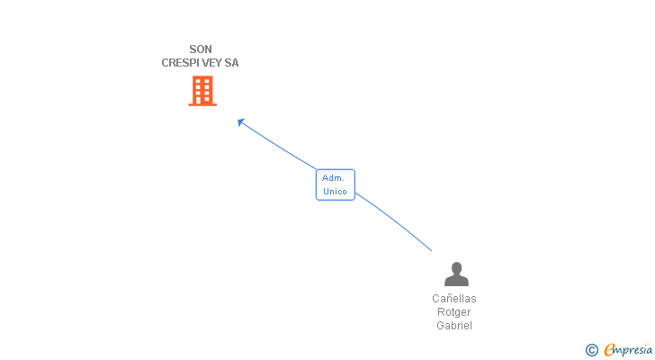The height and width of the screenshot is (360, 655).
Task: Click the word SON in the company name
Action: (201, 49)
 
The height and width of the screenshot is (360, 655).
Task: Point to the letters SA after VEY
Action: (232, 63)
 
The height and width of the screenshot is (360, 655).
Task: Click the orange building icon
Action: (202, 90)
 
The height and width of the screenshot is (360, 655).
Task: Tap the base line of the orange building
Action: (202, 104)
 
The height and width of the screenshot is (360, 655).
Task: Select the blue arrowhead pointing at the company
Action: (240, 121)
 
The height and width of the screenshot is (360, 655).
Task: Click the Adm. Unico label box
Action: (335, 184)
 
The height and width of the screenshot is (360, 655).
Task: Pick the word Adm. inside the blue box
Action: (334, 178)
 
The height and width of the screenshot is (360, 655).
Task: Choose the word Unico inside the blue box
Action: (335, 191)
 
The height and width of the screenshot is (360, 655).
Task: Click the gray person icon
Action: (456, 274)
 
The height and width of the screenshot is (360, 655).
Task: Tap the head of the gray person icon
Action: (456, 267)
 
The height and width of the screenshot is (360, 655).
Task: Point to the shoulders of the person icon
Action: (456, 281)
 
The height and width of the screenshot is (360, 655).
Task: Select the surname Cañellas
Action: (454, 299)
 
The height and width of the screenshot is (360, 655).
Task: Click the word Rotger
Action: (454, 312)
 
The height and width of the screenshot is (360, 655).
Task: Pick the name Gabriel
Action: (454, 326)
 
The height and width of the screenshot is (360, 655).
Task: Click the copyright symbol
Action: (591, 349)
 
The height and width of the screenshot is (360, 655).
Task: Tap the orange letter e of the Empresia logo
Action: (609, 349)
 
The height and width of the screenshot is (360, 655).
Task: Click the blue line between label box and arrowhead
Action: (279, 146)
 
